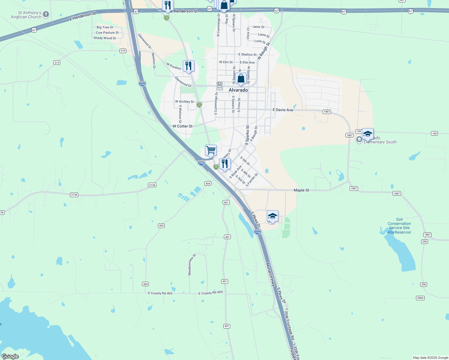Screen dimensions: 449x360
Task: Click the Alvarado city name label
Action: [238, 90]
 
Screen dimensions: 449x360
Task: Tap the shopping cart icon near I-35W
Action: [211, 150]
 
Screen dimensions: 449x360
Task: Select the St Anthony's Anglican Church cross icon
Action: [46, 14]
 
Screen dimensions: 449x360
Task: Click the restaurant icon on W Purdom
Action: [188, 66]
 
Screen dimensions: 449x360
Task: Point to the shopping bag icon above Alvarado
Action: [241, 79]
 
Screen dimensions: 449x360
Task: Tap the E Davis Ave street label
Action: [283, 110]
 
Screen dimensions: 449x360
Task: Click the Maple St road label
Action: [301, 190]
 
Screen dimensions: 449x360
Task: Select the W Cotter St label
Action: [182, 126]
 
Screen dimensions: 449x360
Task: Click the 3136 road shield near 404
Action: [152, 185]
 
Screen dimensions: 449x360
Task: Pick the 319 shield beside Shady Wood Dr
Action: [123, 51]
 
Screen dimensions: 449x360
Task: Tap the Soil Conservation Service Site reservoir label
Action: [399, 226]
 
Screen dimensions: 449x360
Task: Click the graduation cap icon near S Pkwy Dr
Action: [273, 216]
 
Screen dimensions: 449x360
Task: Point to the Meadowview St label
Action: [192, 265]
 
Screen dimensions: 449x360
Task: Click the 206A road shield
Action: [420, 298]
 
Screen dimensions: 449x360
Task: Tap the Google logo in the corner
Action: [10, 356]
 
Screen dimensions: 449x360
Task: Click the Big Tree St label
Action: [105, 27]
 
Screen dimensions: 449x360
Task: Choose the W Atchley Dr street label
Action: [185, 102]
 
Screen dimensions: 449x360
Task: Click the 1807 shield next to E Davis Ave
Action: [327, 112]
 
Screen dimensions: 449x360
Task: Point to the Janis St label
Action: [258, 27]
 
